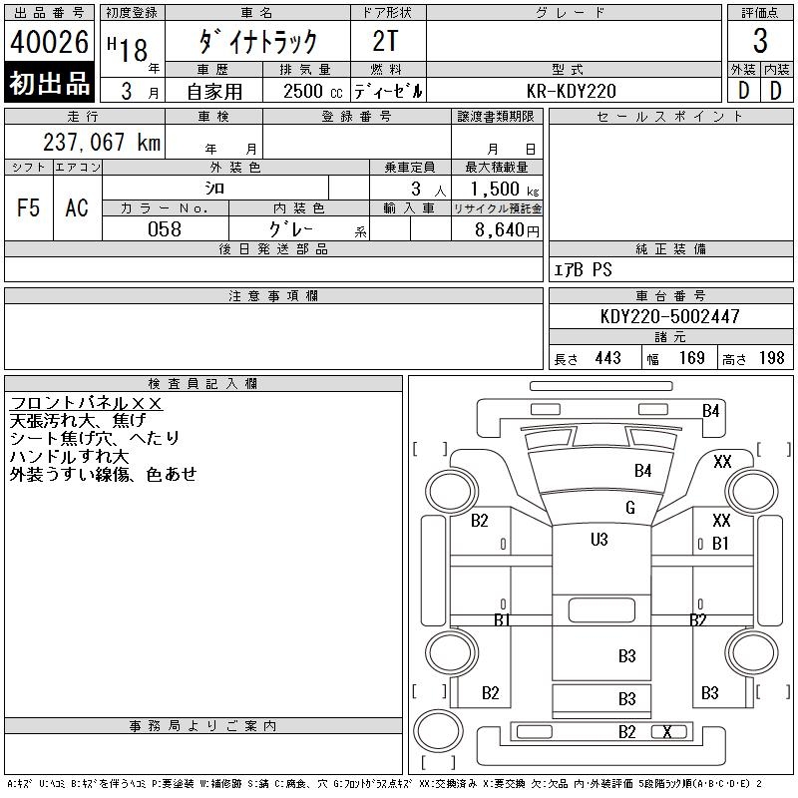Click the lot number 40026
click(49, 42)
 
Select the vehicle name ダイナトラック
click(258, 41)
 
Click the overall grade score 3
click(760, 42)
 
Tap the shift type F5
click(29, 207)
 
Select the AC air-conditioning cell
click(77, 207)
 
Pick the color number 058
click(165, 229)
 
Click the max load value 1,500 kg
click(497, 189)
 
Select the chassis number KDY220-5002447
click(670, 316)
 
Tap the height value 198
click(771, 357)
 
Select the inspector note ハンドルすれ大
click(71, 456)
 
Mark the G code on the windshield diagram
click(629, 508)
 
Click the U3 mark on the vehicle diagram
click(598, 540)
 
